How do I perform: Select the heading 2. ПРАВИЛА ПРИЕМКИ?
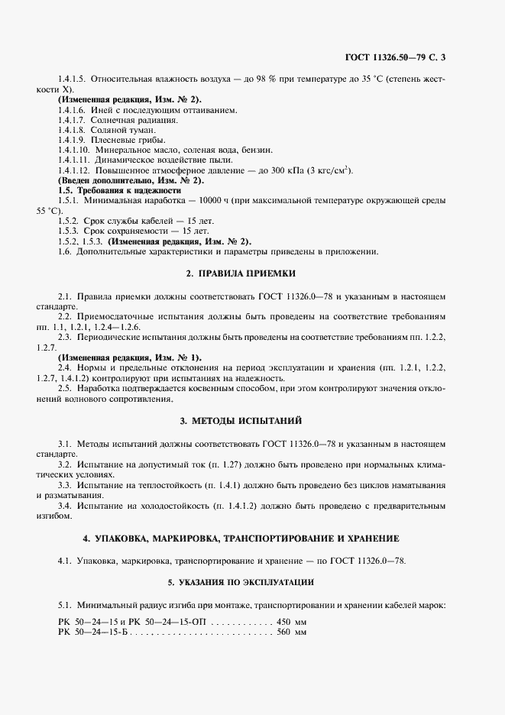pos(252,273)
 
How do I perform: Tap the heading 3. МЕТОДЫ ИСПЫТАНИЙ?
pos(252,421)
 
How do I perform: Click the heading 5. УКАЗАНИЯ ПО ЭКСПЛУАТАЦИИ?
pos(252,582)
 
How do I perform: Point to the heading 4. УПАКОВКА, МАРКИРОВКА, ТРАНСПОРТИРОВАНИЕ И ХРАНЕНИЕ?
pos(252,539)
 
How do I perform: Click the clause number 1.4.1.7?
pos(71,120)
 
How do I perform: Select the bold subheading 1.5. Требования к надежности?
pos(118,190)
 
